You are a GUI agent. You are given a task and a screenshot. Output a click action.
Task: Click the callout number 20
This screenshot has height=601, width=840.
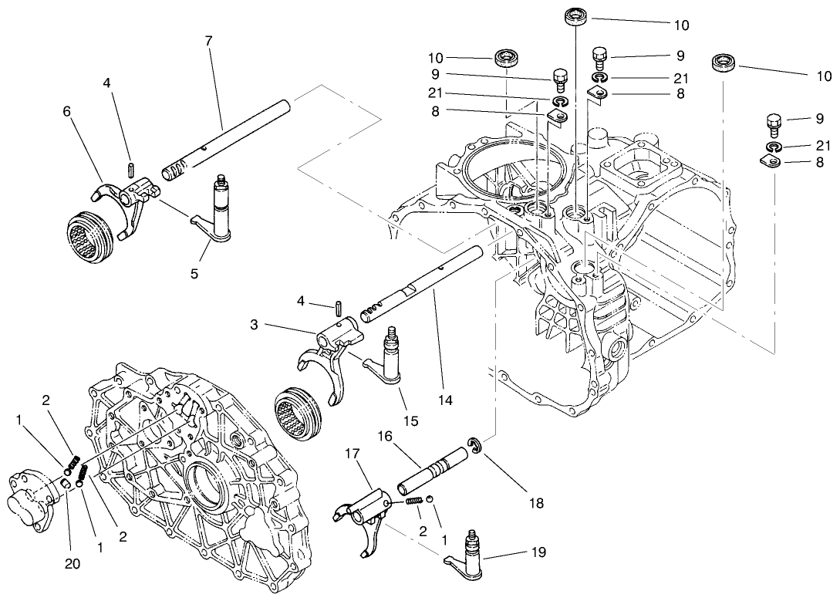(x=72, y=563)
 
